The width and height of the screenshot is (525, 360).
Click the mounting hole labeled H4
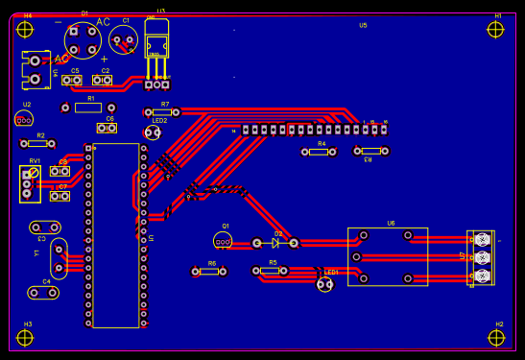25,29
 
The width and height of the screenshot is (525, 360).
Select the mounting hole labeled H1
495,29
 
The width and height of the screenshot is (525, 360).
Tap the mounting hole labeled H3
25,337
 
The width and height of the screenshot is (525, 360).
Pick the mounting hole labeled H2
496,337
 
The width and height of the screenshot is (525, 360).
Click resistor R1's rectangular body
88,108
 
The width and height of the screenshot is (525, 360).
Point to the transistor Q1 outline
223,240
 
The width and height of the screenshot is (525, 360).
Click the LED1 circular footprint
325,283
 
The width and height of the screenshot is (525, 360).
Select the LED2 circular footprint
153,132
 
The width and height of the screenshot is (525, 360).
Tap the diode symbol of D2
275,243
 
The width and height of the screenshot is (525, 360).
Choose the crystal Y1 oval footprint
59,258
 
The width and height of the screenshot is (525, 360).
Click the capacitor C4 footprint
43,292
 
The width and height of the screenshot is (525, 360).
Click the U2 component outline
24,118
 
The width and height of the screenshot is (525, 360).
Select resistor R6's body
209,272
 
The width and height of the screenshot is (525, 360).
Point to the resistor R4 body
320,152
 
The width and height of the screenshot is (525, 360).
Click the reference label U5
363,26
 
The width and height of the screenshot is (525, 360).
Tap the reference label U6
391,223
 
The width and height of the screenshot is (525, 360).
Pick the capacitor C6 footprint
107,128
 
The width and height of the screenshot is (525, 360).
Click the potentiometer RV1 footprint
30,183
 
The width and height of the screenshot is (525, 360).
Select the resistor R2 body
37,144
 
